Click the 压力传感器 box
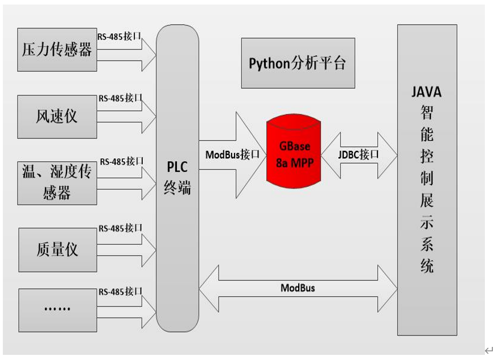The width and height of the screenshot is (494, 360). [x=57, y=50]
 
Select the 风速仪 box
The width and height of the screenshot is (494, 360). [x=57, y=117]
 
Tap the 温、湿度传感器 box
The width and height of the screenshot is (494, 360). [x=57, y=183]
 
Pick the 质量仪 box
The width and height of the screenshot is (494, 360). [x=57, y=249]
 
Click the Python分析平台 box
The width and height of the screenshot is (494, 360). [x=298, y=63]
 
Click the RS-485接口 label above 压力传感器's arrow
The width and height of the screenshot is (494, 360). [x=120, y=36]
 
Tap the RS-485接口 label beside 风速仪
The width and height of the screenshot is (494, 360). [x=120, y=98]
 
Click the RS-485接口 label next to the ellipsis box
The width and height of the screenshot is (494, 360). [x=120, y=292]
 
